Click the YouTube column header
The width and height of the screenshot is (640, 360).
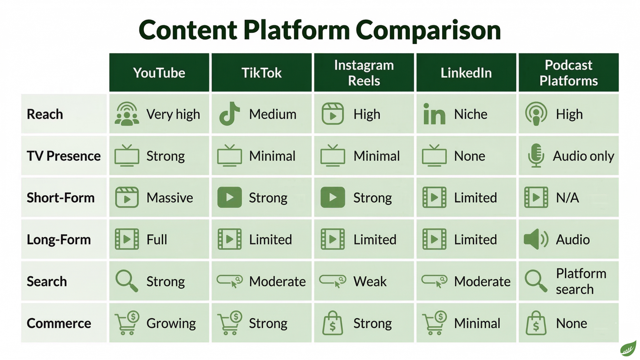[159, 73]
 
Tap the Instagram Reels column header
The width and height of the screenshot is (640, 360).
[364, 73]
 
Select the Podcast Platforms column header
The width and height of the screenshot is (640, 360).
[569, 73]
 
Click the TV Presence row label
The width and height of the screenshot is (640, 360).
[64, 156]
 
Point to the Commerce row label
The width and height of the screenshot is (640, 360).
[59, 323]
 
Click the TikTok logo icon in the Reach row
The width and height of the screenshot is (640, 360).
[229, 114]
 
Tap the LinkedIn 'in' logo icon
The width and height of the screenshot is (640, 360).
[434, 114]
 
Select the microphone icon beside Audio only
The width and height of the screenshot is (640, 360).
[536, 156]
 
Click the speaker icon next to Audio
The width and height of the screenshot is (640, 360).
[536, 239]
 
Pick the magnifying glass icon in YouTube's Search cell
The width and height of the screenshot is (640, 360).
[126, 281]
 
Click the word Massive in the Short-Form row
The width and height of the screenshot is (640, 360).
[170, 198]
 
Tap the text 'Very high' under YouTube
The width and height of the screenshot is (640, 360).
[173, 115]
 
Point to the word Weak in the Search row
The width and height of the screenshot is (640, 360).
[370, 282]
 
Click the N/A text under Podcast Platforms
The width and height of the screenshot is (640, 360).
[567, 198]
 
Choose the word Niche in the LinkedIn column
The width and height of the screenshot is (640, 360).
[471, 114]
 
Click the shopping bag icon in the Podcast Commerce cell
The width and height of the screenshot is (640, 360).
[536, 323]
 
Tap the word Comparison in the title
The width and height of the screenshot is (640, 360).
[428, 30]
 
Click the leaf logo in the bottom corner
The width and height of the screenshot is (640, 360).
[628, 348]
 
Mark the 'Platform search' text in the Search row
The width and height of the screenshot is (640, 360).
[581, 281]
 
